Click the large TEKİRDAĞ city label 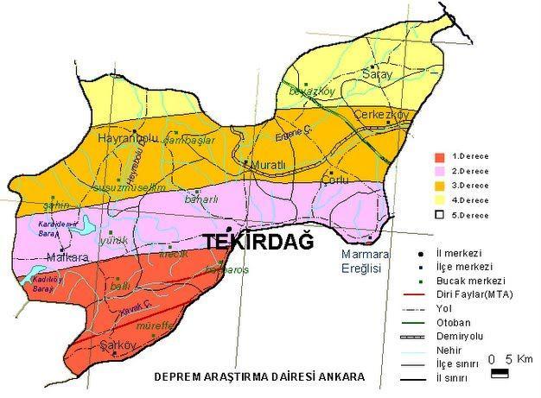coord(258,244)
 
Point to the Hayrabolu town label coord(130,138)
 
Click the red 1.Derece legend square coord(440,157)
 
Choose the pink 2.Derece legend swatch coord(440,171)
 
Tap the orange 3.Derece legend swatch coord(440,185)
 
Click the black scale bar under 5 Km coord(500,373)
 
